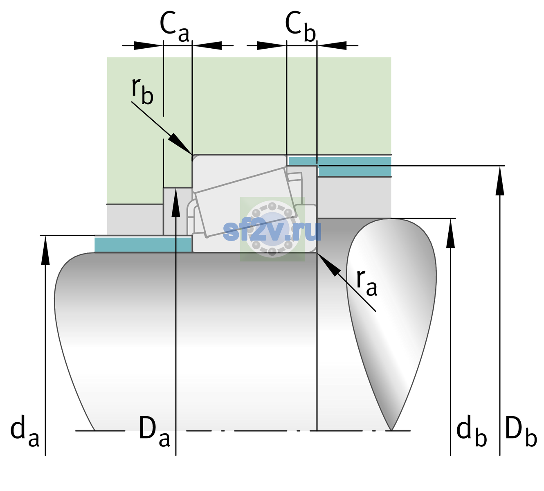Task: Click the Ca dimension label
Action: (175, 27)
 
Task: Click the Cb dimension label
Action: (301, 27)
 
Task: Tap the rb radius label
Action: (142, 91)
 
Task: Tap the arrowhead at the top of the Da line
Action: (176, 202)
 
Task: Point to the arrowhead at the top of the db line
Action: (450, 233)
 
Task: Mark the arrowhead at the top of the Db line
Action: (500, 180)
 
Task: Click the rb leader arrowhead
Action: (180, 144)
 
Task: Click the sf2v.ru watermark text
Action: (272, 231)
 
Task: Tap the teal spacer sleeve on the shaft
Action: (143, 245)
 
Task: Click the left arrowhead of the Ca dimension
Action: (148, 45)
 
